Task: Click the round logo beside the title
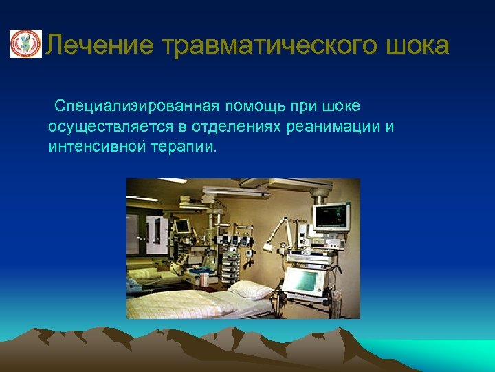[x=25, y=44]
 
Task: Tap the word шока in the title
[x=416, y=45]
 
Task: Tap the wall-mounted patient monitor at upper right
[x=331, y=216]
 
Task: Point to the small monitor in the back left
[x=182, y=225]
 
